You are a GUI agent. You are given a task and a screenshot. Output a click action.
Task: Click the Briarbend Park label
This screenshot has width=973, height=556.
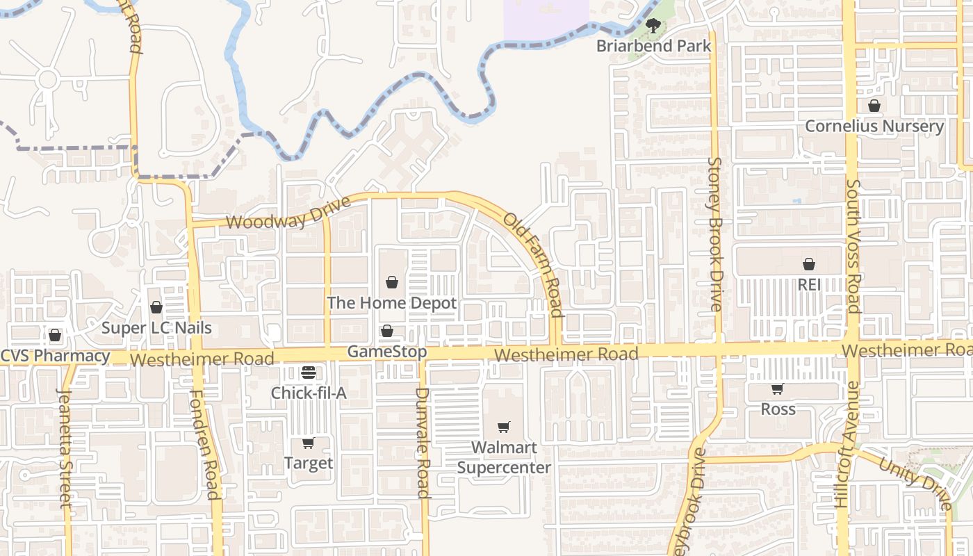point(654,46)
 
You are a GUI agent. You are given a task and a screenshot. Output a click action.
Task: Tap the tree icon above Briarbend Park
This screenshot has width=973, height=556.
point(653,26)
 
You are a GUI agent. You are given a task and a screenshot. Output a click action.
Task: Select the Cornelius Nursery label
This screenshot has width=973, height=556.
point(874,126)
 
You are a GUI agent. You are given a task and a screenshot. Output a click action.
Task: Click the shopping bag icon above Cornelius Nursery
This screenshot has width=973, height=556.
point(874,106)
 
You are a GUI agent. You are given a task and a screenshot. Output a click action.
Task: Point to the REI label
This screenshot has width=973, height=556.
point(809,284)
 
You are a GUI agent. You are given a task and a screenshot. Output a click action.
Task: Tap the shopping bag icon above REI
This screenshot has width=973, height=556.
point(809,264)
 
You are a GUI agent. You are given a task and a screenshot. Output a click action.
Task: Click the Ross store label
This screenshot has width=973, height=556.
point(778,409)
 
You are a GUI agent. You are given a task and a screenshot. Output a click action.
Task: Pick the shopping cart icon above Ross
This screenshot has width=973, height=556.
point(778,389)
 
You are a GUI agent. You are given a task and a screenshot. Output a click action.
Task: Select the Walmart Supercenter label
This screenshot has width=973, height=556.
point(504,457)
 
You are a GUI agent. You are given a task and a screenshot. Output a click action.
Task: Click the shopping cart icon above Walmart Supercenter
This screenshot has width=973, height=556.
point(504,427)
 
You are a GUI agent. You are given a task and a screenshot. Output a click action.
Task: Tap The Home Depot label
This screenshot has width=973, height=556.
point(392,303)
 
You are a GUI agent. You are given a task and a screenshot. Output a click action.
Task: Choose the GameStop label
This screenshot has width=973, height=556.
point(387,352)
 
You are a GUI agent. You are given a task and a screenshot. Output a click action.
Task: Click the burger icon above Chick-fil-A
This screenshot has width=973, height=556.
point(309,373)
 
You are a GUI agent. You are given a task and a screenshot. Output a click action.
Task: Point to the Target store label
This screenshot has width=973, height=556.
point(309,463)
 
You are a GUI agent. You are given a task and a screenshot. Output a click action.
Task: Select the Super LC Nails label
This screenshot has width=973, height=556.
point(156,328)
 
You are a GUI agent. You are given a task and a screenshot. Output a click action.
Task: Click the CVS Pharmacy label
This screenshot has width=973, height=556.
point(55,357)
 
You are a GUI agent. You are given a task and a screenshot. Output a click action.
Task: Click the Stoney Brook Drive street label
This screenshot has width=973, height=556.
point(715,234)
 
